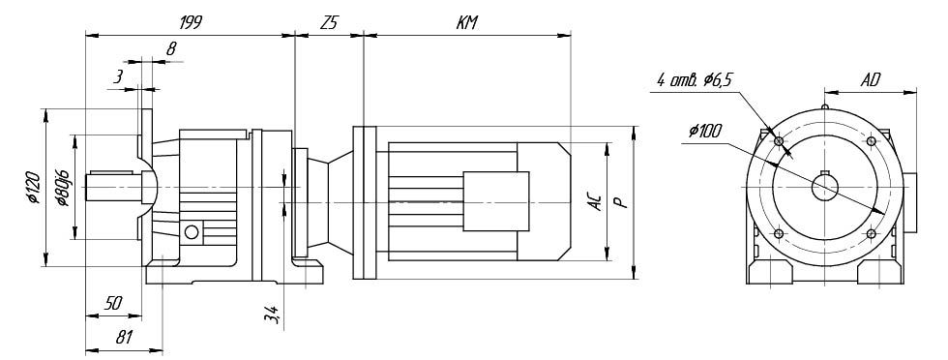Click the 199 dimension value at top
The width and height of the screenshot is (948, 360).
point(190,22)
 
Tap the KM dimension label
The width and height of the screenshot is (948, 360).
point(466,23)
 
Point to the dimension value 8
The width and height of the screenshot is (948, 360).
point(171,49)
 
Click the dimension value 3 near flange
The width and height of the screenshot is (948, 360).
point(118,76)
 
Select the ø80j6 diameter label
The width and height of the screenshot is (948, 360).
point(63,187)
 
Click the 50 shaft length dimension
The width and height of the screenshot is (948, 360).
point(112,304)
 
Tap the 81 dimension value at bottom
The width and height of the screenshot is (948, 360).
point(124,338)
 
